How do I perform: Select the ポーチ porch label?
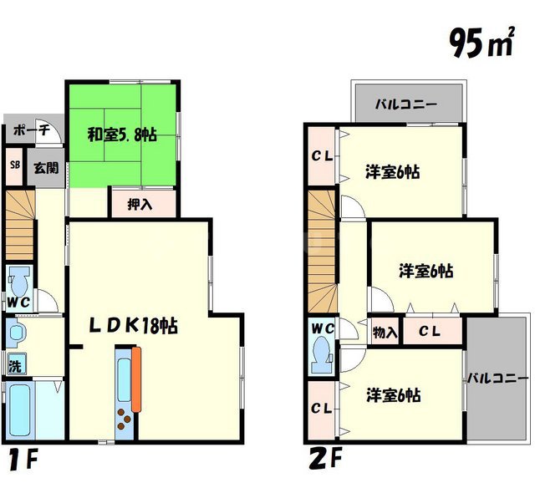(x=31, y=130)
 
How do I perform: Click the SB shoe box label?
(x=14, y=165)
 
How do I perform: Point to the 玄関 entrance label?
(x=45, y=166)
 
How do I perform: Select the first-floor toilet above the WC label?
(x=18, y=278)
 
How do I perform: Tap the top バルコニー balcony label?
(x=405, y=105)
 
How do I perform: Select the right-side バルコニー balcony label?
(x=498, y=377)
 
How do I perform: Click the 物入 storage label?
(x=385, y=332)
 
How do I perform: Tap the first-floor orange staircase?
(x=19, y=223)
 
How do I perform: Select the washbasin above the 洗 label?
(x=16, y=334)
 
